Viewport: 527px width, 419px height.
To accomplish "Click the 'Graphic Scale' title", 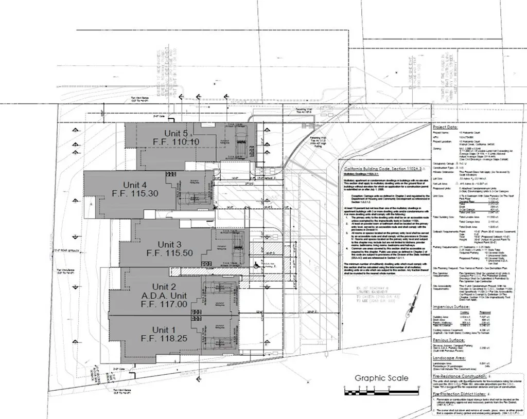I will (381, 378).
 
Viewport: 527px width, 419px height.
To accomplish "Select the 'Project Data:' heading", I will (445, 126).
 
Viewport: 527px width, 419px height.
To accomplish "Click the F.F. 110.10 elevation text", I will (175, 142).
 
